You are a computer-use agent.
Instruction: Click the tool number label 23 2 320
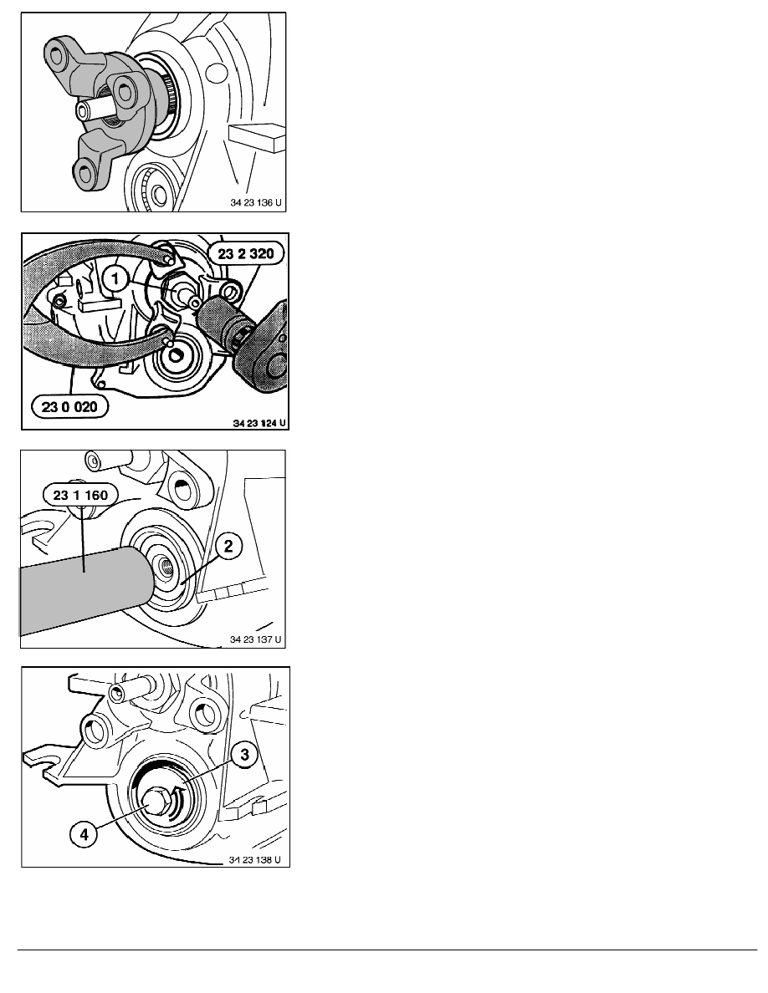click(246, 254)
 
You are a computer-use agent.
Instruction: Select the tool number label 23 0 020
click(69, 406)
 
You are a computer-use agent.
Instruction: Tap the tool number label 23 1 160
click(80, 495)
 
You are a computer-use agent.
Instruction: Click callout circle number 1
click(115, 278)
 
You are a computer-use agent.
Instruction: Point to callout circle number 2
click(228, 546)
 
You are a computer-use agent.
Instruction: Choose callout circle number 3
click(244, 755)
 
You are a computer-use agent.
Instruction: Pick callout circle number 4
click(84, 834)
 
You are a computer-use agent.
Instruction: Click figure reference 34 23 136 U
click(256, 203)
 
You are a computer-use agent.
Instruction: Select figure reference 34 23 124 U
click(259, 422)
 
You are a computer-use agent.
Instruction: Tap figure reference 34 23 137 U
click(255, 639)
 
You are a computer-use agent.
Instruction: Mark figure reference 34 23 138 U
click(254, 860)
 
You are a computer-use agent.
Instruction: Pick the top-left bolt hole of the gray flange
click(56, 56)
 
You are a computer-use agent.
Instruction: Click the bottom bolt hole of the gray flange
click(84, 171)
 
